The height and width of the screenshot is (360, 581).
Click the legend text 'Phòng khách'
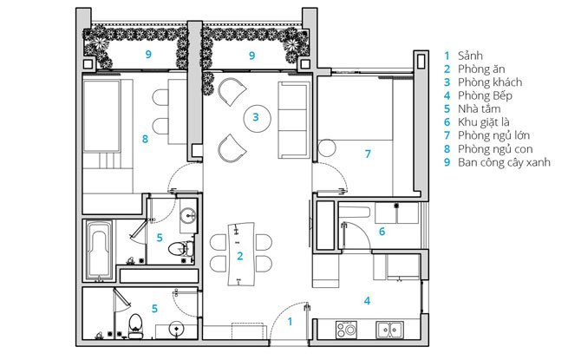[490, 82]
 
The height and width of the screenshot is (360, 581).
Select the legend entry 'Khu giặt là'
[484, 122]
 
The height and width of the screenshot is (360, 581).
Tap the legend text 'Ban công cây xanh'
[504, 162]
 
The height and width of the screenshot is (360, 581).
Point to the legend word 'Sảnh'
[470, 56]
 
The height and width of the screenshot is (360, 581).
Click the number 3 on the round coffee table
[256, 117]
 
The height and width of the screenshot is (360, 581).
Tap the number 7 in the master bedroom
[368, 154]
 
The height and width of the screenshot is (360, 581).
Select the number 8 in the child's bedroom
[145, 139]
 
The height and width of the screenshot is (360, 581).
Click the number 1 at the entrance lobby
[290, 322]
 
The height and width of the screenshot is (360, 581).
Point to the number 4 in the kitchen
[367, 300]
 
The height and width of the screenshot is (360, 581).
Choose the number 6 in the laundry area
[382, 232]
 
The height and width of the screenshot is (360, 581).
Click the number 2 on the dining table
[240, 256]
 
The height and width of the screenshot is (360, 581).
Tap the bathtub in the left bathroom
[99, 250]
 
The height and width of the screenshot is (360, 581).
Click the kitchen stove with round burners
[347, 330]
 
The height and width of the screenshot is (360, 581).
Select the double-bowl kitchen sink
[389, 330]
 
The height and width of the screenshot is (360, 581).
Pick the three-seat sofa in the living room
[294, 120]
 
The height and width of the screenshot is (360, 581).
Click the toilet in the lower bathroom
[135, 325]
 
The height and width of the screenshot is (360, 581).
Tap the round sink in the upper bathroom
[188, 215]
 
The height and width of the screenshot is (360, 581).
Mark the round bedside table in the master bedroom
[326, 147]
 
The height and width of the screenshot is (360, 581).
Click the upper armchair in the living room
[232, 92]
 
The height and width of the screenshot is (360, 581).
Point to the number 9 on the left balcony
[148, 55]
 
